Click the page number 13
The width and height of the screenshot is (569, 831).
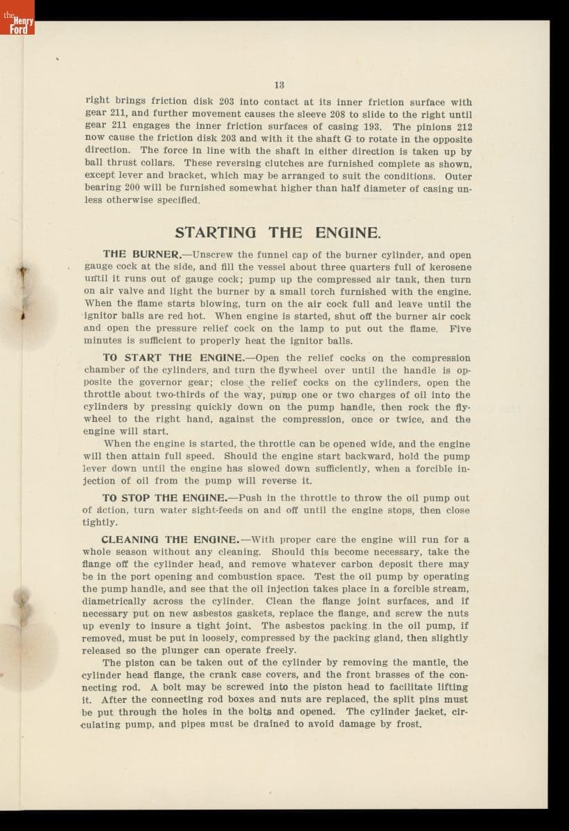(279, 85)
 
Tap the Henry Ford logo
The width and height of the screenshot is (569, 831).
(17, 24)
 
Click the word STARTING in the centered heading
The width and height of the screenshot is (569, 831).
(215, 233)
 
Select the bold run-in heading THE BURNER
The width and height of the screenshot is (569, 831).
(141, 254)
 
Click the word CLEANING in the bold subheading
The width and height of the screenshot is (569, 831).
(131, 539)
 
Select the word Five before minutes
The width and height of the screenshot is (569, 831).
(459, 329)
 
